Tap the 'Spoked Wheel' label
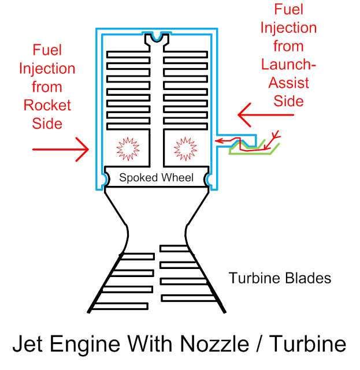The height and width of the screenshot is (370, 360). (156, 177)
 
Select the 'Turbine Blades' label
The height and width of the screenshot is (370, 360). (280, 278)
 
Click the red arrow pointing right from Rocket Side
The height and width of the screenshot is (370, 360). (60, 150)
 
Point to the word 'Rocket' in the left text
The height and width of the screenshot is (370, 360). (47, 105)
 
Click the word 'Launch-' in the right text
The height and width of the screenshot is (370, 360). (288, 65)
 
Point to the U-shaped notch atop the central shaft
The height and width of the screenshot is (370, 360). (156, 39)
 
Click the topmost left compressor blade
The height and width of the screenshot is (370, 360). (127, 55)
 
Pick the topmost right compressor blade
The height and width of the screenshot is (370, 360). (185, 55)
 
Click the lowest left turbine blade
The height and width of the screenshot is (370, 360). (121, 306)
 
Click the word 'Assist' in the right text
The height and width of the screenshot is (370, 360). (288, 83)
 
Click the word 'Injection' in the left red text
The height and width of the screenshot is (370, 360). (47, 69)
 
